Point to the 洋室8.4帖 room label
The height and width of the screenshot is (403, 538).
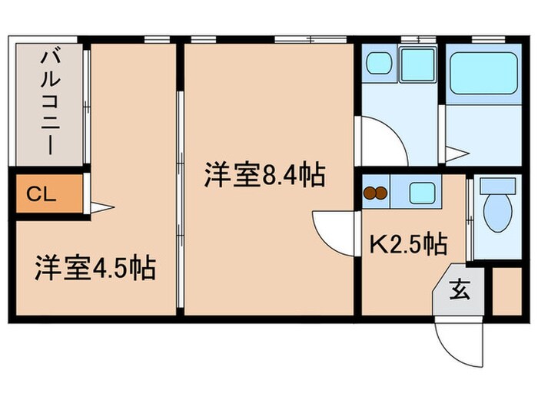click(x=264, y=177)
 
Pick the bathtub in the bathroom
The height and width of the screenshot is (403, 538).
click(x=483, y=73)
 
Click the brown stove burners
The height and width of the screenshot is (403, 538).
click(x=376, y=193)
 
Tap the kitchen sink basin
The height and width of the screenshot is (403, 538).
click(x=422, y=192)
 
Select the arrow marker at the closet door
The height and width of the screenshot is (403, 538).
click(x=102, y=206)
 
